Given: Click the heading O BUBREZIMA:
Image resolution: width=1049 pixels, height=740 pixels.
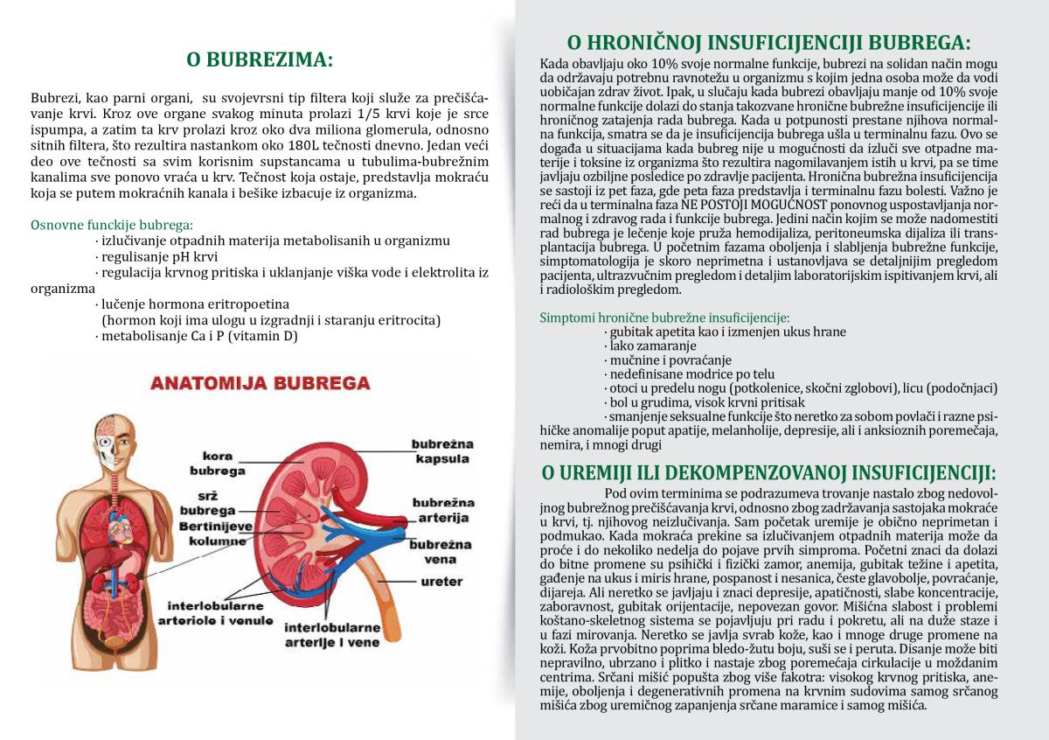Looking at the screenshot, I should tap(260, 60).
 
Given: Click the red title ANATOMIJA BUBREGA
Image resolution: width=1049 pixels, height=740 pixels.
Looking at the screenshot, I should tap(260, 383).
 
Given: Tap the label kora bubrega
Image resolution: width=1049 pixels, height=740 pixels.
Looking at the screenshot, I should tap(223, 463).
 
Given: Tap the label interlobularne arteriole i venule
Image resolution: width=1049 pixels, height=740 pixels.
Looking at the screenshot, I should tap(220, 613).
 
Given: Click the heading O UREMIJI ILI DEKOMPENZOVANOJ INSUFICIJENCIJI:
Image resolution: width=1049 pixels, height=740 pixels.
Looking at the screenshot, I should tap(768, 473).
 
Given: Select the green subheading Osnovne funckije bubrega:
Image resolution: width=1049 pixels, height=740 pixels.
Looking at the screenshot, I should tap(112, 224).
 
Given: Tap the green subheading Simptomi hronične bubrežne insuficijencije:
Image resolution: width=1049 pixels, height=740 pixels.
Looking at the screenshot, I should tap(664, 318).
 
